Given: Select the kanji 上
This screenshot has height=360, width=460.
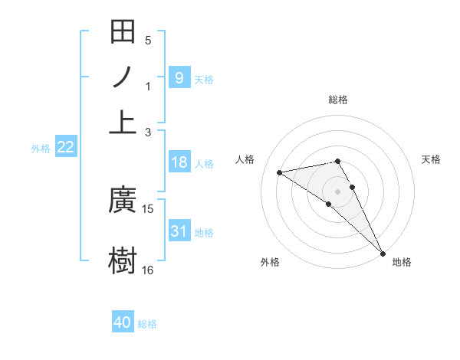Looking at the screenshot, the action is [123, 122].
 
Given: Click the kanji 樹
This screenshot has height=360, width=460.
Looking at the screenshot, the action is [123, 259].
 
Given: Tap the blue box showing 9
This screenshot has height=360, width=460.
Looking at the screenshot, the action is [179, 77].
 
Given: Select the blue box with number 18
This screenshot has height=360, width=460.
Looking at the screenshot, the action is [179, 162].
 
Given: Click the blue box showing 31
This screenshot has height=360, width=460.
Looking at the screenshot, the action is [179, 231].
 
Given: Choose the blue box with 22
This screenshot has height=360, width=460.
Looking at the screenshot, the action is [66, 148].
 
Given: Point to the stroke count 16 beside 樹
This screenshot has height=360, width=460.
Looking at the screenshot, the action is [148, 270].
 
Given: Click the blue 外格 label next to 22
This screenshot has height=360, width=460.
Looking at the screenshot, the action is [41, 149].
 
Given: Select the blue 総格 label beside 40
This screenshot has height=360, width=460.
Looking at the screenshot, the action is [147, 324].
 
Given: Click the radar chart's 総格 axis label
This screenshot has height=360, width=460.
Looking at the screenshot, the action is [338, 100].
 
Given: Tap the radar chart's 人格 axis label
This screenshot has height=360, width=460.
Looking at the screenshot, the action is [245, 159].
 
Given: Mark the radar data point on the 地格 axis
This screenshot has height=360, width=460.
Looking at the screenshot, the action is [383, 253].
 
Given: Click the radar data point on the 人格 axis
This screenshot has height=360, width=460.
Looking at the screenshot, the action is [280, 172].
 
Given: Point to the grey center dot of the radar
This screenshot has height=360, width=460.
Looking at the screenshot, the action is [337, 190].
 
